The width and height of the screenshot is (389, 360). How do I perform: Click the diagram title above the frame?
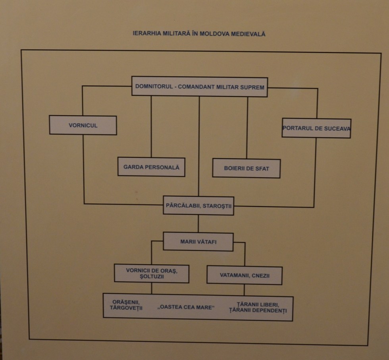coord(199,34)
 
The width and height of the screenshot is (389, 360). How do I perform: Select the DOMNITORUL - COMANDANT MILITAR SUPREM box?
coord(199,87)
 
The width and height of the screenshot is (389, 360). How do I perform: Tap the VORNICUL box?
coord(83,125)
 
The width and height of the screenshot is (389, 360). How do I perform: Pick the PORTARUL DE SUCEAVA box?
coord(316,128)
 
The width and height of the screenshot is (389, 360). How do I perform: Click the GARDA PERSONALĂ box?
coord(151,167)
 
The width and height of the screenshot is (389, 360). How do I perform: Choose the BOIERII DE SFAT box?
coord(246,168)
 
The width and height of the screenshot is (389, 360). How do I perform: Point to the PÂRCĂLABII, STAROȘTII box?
coord(198,206)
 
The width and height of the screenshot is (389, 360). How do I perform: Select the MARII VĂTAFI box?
coord(198,242)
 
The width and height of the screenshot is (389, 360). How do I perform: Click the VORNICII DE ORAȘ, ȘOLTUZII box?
coord(151,273)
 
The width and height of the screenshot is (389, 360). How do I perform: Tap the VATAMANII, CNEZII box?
coord(245,275)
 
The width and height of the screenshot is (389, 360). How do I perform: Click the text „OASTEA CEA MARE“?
coord(185,307)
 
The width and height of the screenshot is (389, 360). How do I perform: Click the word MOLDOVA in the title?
coord(212,34)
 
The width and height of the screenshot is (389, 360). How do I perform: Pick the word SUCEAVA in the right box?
coord(338,128)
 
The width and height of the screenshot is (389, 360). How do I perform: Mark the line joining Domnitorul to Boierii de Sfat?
coord(247,127)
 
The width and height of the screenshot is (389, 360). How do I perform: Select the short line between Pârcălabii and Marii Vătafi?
coord(198,224)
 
